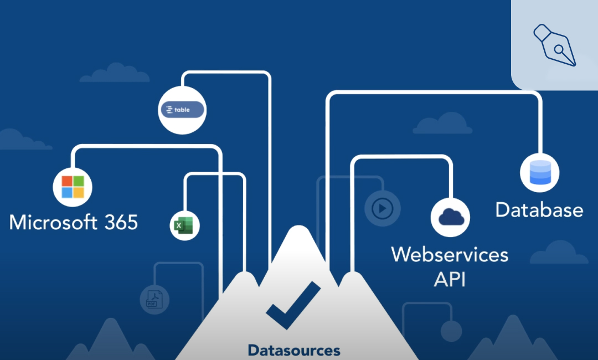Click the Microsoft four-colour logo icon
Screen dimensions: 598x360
point(73,187)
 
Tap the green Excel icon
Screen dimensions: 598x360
point(184,225)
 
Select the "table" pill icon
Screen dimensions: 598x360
point(182,110)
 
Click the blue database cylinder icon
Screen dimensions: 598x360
point(540,173)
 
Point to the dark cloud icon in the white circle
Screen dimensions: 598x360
point(451,217)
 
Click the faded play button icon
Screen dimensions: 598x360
point(382,209)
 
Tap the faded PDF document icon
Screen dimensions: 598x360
point(154,300)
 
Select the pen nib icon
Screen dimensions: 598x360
point(555,45)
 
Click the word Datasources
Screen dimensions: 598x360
point(293,350)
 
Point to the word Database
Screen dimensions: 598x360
point(539,210)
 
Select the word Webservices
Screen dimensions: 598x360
point(450,254)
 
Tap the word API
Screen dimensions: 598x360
point(450,280)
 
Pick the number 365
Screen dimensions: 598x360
point(121,222)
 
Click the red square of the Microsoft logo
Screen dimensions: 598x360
point(67,181)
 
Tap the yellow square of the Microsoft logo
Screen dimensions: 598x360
point(79,193)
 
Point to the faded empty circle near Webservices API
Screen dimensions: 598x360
point(451,331)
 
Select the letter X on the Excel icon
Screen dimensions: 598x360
point(178,226)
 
